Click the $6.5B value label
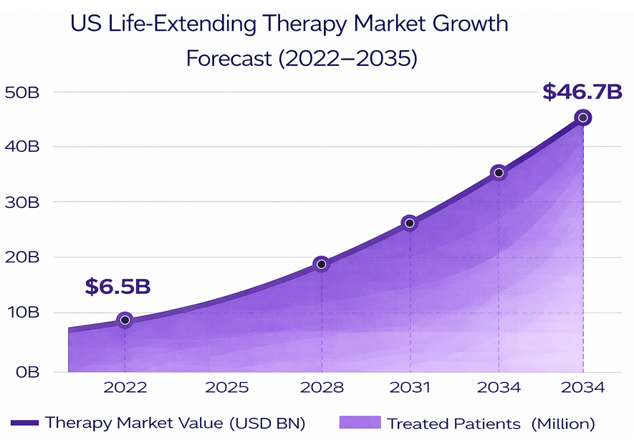(117, 286)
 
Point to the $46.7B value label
(582, 92)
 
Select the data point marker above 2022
(125, 320)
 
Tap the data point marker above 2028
(322, 265)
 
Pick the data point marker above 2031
(410, 223)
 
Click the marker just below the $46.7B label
(583, 118)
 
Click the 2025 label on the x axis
(226, 388)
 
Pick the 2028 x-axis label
(322, 388)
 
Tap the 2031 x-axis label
(410, 388)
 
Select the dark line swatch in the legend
(25, 423)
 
